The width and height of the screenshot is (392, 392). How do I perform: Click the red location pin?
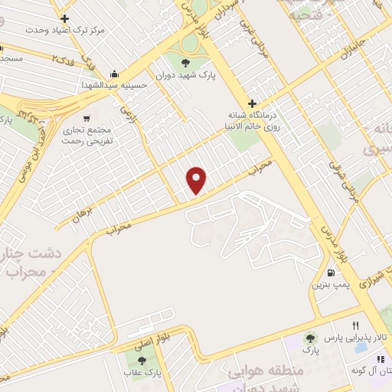[198, 180]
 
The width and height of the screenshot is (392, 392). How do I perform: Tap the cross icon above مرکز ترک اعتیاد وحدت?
[64, 18]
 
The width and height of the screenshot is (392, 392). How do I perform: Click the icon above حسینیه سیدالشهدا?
[114, 73]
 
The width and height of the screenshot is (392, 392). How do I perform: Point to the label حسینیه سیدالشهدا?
[113, 86]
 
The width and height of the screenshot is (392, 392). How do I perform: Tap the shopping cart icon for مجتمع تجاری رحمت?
[87, 119]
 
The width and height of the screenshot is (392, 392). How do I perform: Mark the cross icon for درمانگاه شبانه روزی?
[252, 103]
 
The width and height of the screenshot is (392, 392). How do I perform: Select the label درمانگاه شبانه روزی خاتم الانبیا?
[251, 122]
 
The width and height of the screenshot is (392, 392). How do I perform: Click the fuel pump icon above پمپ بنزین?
[330, 273]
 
